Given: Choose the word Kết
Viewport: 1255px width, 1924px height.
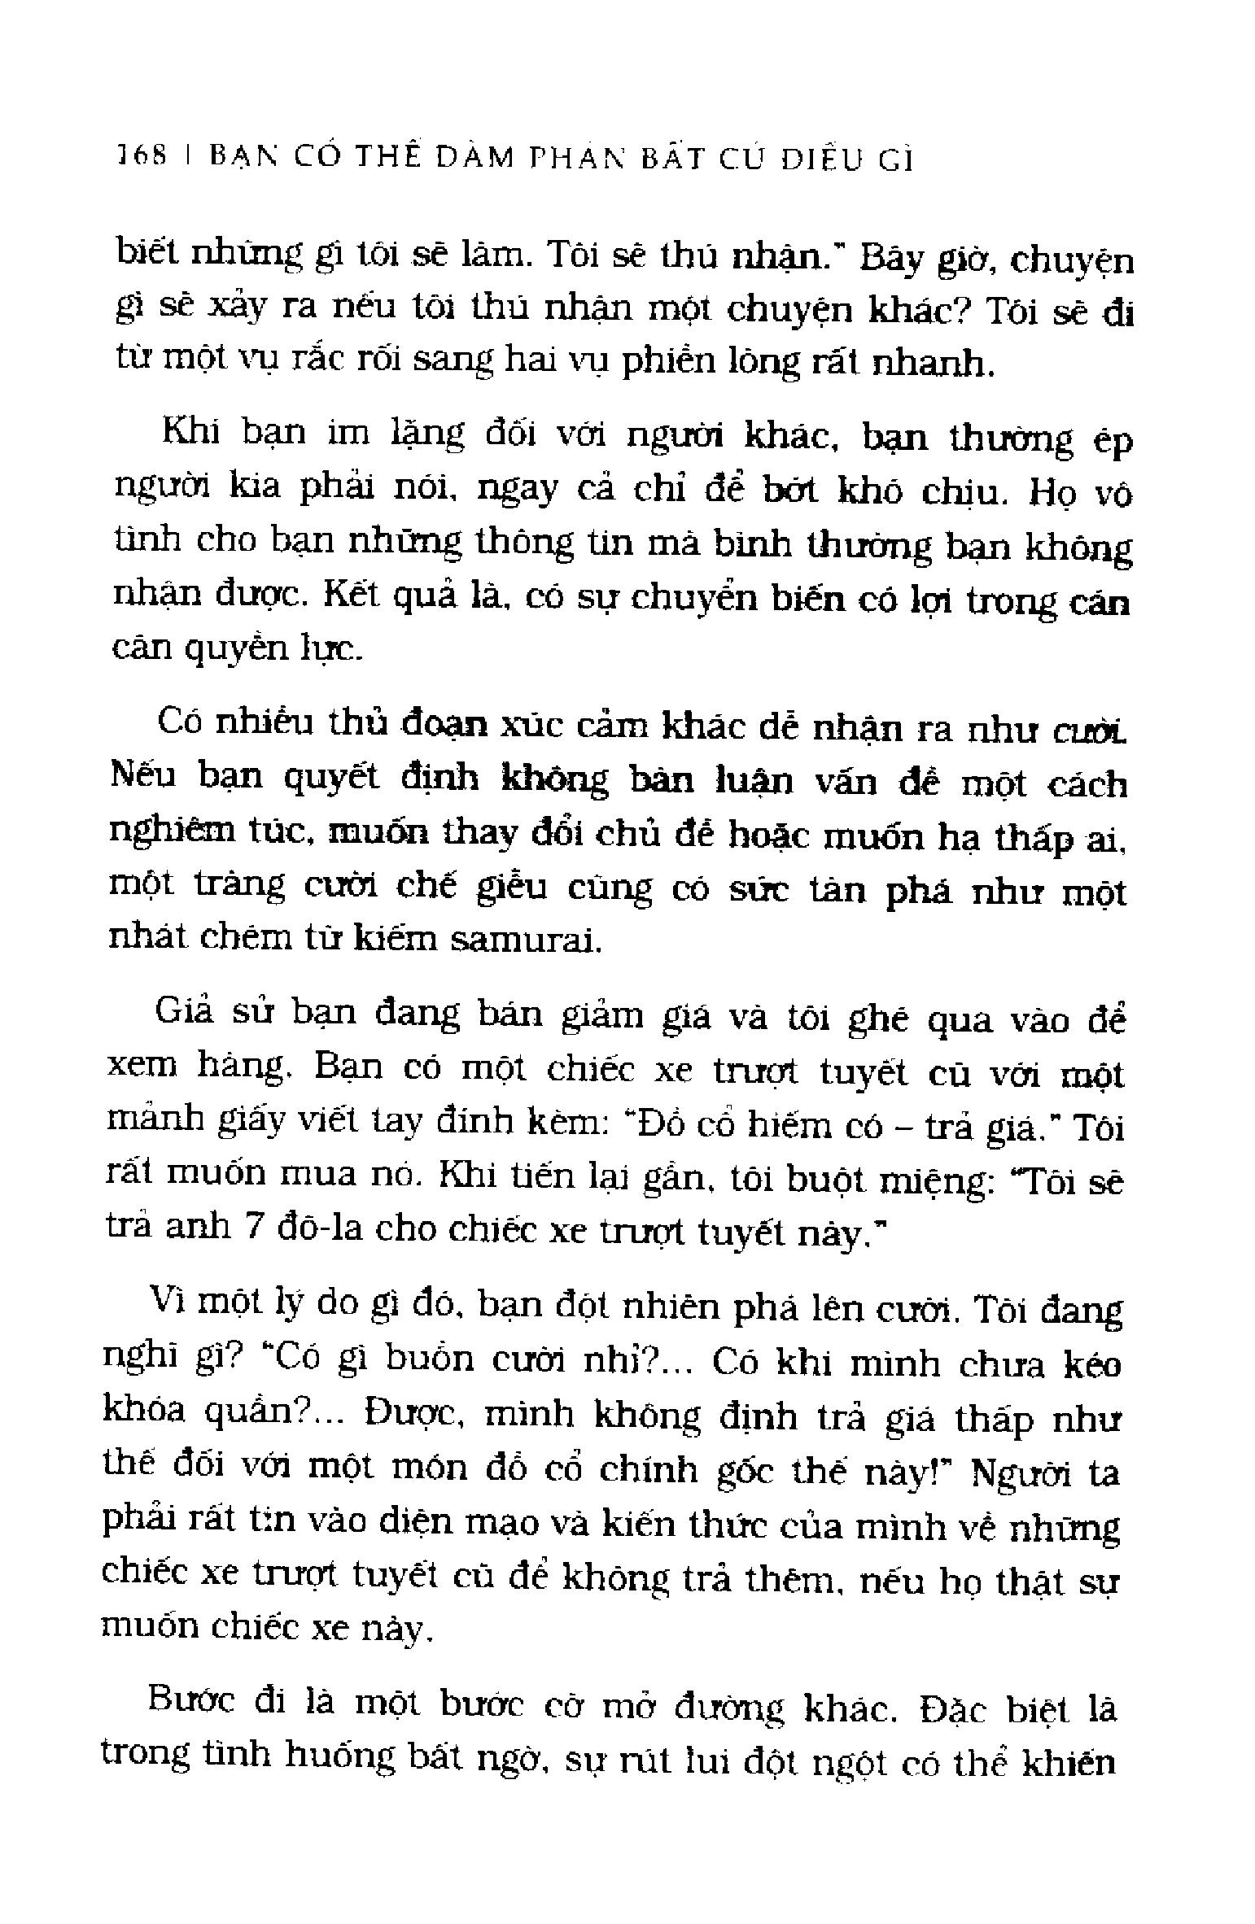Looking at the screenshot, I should pyautogui.click(x=349, y=598).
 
